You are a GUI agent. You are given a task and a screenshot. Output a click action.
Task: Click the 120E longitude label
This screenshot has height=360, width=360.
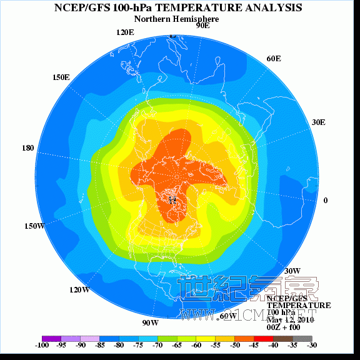coord(125,32)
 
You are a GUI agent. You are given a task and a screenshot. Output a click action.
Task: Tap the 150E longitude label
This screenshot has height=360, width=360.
coord(61,77)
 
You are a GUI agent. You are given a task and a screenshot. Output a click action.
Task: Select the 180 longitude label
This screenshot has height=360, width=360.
coord(27,149)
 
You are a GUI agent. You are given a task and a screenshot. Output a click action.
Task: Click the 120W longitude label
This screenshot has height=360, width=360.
coord(79,290)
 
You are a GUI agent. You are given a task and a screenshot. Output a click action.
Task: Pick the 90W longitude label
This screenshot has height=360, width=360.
coord(150,323)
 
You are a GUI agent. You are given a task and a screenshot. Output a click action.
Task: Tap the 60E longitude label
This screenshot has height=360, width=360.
coord(273,59)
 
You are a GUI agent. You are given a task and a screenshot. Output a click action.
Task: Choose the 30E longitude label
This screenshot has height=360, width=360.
coord(318,122)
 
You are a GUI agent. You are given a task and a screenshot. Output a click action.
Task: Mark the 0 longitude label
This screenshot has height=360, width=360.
coord(325,201)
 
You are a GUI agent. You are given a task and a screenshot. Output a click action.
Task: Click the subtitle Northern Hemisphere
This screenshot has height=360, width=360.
coord(177,19)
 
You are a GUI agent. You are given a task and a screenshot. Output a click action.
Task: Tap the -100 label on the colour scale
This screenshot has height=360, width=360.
coord(42,345)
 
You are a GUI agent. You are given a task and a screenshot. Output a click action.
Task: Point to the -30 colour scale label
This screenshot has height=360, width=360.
coord(311,345)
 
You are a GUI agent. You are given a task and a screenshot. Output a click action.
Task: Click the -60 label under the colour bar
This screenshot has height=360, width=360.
coord(196,345)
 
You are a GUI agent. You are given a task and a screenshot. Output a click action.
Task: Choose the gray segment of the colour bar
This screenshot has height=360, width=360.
coord(302,338)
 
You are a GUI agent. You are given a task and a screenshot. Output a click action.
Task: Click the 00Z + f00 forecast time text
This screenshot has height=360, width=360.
coord(283,327)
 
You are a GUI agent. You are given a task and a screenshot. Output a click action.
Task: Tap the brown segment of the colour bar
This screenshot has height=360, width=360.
coord(283,338)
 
